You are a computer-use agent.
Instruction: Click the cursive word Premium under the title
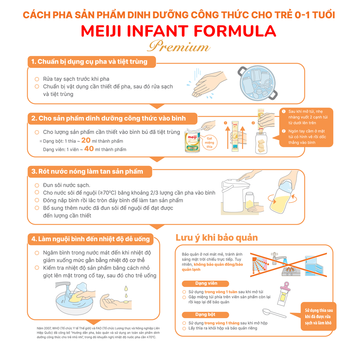(179, 47)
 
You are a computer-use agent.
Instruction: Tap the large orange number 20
(86, 140)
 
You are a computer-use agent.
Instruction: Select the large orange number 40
(89, 149)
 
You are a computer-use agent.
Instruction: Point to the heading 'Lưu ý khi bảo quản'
(217, 238)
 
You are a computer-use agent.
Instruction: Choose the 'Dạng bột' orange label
(205, 315)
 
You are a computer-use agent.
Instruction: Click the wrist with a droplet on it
(115, 302)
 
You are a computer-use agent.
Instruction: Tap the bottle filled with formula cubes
(261, 143)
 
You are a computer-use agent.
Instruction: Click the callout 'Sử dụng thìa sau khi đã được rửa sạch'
(318, 316)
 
